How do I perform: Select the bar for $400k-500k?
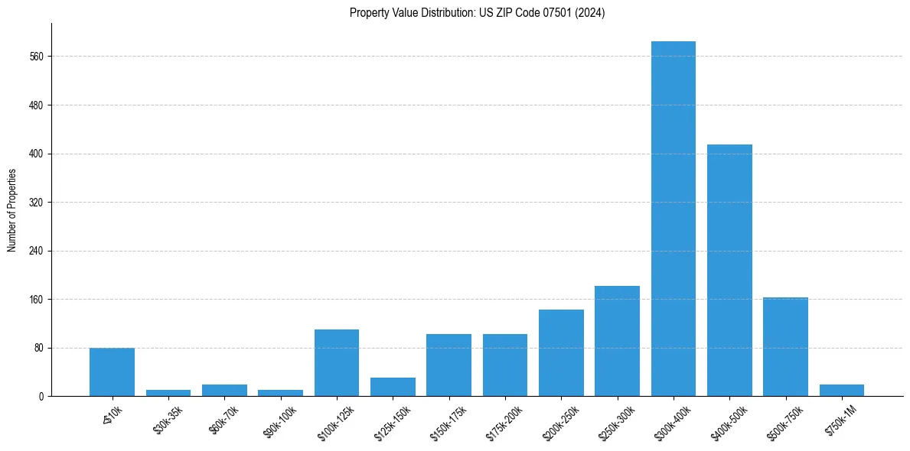click(729, 271)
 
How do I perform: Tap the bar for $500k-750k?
click(785, 347)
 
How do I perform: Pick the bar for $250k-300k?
click(617, 341)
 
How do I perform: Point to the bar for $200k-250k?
click(561, 353)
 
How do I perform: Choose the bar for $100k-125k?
click(337, 363)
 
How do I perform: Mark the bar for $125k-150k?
click(393, 387)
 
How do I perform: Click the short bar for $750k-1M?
click(842, 391)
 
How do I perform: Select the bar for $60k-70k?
click(224, 391)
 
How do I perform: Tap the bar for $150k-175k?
click(448, 365)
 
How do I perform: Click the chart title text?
click(477, 13)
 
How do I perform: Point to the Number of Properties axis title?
click(12, 210)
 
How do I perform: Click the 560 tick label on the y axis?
click(36, 57)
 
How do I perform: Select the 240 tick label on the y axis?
click(36, 251)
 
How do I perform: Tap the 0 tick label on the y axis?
click(41, 397)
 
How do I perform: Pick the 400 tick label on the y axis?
click(36, 154)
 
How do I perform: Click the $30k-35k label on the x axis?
click(168, 420)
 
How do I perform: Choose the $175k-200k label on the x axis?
click(504, 423)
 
